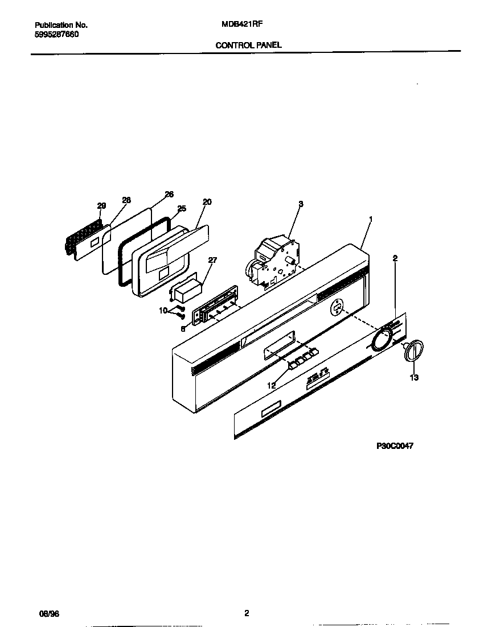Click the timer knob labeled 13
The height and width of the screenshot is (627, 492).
(415, 350)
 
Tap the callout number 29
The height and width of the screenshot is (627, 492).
(101, 205)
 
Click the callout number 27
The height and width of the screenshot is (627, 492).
(212, 261)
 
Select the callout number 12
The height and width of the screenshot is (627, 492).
(272, 385)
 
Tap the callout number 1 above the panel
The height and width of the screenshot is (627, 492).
(371, 218)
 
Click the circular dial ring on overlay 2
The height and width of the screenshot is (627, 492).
(380, 340)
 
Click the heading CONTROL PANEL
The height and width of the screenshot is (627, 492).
(248, 44)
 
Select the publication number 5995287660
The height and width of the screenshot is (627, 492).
(57, 35)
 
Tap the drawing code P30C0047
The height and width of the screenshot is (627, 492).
(395, 446)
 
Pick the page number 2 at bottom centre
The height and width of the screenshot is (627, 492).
(246, 613)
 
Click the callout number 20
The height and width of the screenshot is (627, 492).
(207, 202)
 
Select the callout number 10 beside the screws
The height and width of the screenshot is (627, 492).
(163, 311)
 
